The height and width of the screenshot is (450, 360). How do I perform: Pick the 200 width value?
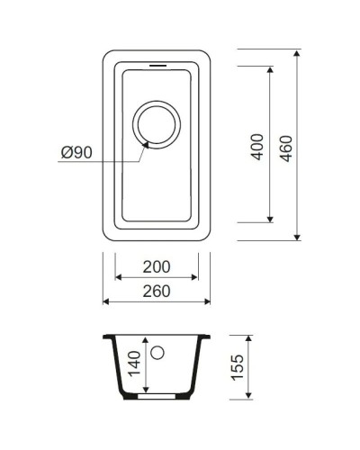tap(158, 268)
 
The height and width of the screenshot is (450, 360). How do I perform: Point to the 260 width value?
tap(158, 290)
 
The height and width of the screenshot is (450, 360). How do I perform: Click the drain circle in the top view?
tap(157, 123)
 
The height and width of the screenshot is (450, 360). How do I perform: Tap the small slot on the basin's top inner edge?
tap(157, 66)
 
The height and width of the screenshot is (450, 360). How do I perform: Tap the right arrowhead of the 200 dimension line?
tap(196, 279)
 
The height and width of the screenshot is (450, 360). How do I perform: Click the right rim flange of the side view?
tap(207, 337)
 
